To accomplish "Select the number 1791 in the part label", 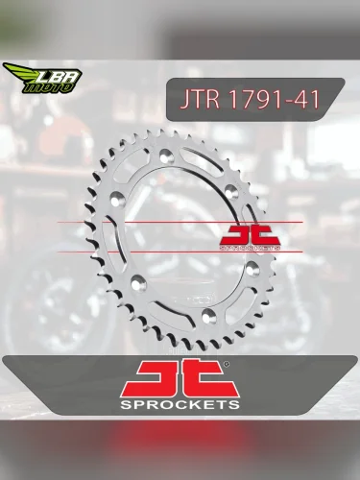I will pos(252,99).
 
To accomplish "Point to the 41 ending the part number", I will pos(305,99).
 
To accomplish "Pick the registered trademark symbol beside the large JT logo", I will pos(226,365).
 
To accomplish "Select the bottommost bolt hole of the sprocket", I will pos(209,315).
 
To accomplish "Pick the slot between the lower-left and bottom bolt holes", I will pos(168,305).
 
